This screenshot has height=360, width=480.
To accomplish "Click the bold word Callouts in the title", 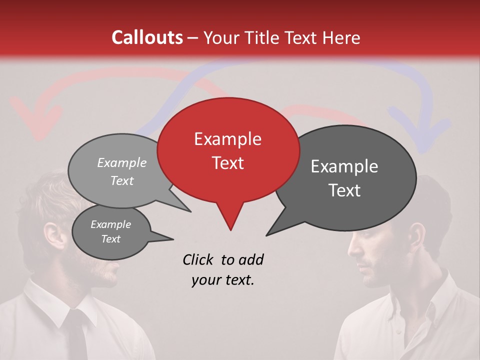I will coord(147,37).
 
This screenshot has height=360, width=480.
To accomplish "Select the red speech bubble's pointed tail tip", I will coord(230,229).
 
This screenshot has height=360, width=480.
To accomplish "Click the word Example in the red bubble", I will coord(227,139).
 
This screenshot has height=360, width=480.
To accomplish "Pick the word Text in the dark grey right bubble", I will coord(345,190).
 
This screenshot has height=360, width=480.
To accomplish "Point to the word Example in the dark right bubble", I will coord(344,166).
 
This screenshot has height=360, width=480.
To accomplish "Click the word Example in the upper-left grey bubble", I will coord(122,162).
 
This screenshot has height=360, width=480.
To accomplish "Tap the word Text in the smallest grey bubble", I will coord(110,239).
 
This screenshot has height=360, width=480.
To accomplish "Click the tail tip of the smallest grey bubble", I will coord(173,238).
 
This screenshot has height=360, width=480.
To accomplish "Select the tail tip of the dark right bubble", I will coord(266,235).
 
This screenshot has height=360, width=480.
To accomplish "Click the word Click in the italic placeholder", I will coord(199,259).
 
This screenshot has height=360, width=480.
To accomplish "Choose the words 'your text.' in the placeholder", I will coord(223,280).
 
